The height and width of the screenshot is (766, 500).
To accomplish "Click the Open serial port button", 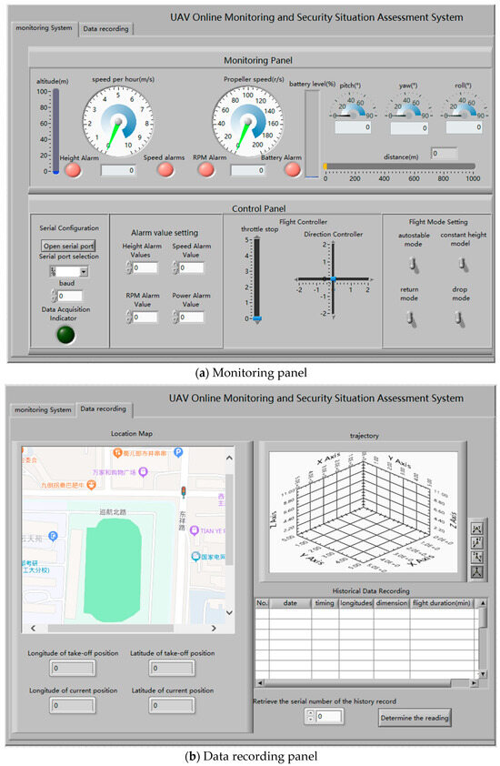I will (68, 246).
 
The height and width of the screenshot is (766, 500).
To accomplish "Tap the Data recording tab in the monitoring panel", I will (105, 29).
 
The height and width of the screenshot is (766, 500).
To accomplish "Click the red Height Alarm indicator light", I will (72, 169).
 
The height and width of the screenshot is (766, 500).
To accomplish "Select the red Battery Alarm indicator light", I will (293, 168).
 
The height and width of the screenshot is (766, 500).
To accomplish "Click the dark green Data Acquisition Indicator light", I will (67, 334).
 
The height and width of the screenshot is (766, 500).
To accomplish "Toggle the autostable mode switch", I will (411, 264).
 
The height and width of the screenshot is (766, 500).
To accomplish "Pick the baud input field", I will (71, 296).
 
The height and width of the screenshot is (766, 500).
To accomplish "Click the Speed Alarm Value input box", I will (191, 268).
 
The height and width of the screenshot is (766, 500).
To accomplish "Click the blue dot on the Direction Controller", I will (334, 277).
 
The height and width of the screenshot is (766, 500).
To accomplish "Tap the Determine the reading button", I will (414, 717).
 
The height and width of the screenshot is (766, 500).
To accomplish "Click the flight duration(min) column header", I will (444, 602).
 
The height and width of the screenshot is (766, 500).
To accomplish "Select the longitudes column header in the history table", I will (355, 602).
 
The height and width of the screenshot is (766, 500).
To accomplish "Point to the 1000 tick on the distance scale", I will (473, 179).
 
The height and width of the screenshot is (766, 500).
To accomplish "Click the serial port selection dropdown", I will (69, 271).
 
